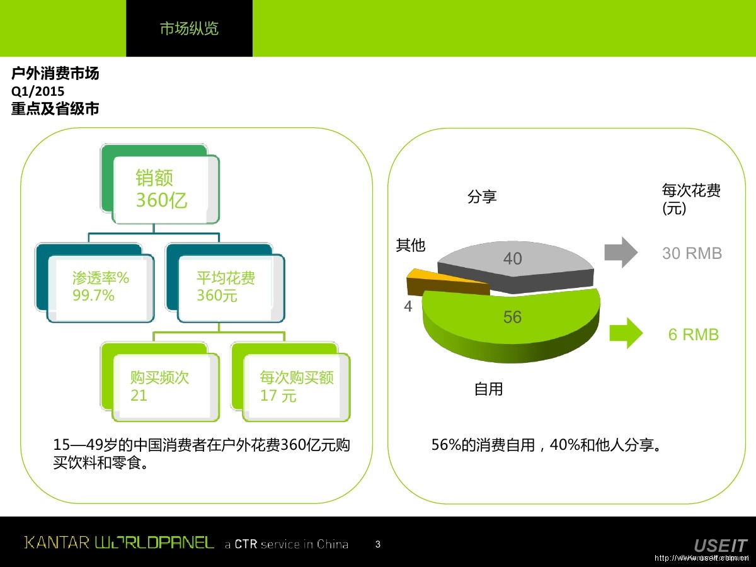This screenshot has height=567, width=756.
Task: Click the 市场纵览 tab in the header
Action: click(189, 29)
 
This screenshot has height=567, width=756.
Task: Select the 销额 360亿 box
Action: click(165, 189)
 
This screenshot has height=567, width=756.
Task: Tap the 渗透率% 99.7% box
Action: click(101, 287)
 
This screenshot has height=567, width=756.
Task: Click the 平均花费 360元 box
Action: click(229, 287)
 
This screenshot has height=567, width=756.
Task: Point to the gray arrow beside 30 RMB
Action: click(621, 253)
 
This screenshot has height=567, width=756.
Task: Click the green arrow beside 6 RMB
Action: click(626, 333)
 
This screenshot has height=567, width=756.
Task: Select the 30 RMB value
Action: click(692, 253)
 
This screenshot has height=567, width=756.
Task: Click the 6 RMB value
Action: click(693, 335)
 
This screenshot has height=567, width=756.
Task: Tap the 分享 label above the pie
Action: click(482, 197)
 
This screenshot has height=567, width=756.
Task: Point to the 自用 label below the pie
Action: click(488, 389)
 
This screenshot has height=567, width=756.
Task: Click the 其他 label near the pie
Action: click(411, 245)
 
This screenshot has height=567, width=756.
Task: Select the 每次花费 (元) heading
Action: click(691, 199)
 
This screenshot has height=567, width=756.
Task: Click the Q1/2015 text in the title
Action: click(38, 91)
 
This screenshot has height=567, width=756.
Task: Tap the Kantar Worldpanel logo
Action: click(119, 542)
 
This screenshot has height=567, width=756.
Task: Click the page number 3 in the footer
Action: click(377, 544)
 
